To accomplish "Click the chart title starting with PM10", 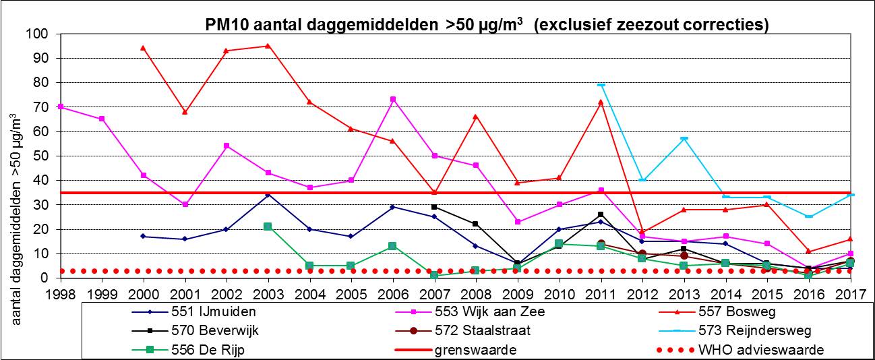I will coord(487,25).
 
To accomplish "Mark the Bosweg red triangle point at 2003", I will coord(268,46).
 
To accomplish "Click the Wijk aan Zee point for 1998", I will coord(61,107).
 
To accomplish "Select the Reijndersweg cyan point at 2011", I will coord(600,85).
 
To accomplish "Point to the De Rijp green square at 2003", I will coord(268,227).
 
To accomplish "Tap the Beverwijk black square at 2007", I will coord(434,207).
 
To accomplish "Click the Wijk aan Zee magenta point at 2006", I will coord(392,99).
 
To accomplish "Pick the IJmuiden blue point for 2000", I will coord(143,236).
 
